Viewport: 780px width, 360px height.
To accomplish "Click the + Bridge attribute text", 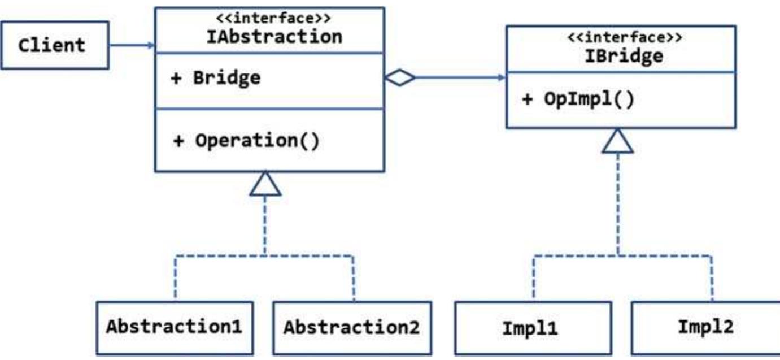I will click(216, 78).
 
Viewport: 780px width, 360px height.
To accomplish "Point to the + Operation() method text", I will click(246, 141).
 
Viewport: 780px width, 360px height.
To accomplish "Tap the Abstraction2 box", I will click(352, 328).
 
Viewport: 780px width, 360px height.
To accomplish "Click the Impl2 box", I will click(705, 328).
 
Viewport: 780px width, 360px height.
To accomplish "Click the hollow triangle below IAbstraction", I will click(265, 184).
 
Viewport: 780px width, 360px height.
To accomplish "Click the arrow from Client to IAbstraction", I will click(130, 45).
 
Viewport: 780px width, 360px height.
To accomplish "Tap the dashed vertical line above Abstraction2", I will click(354, 277).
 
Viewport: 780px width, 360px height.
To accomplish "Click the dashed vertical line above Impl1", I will click(533, 277).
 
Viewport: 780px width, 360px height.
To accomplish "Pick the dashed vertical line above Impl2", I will click(713, 277).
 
